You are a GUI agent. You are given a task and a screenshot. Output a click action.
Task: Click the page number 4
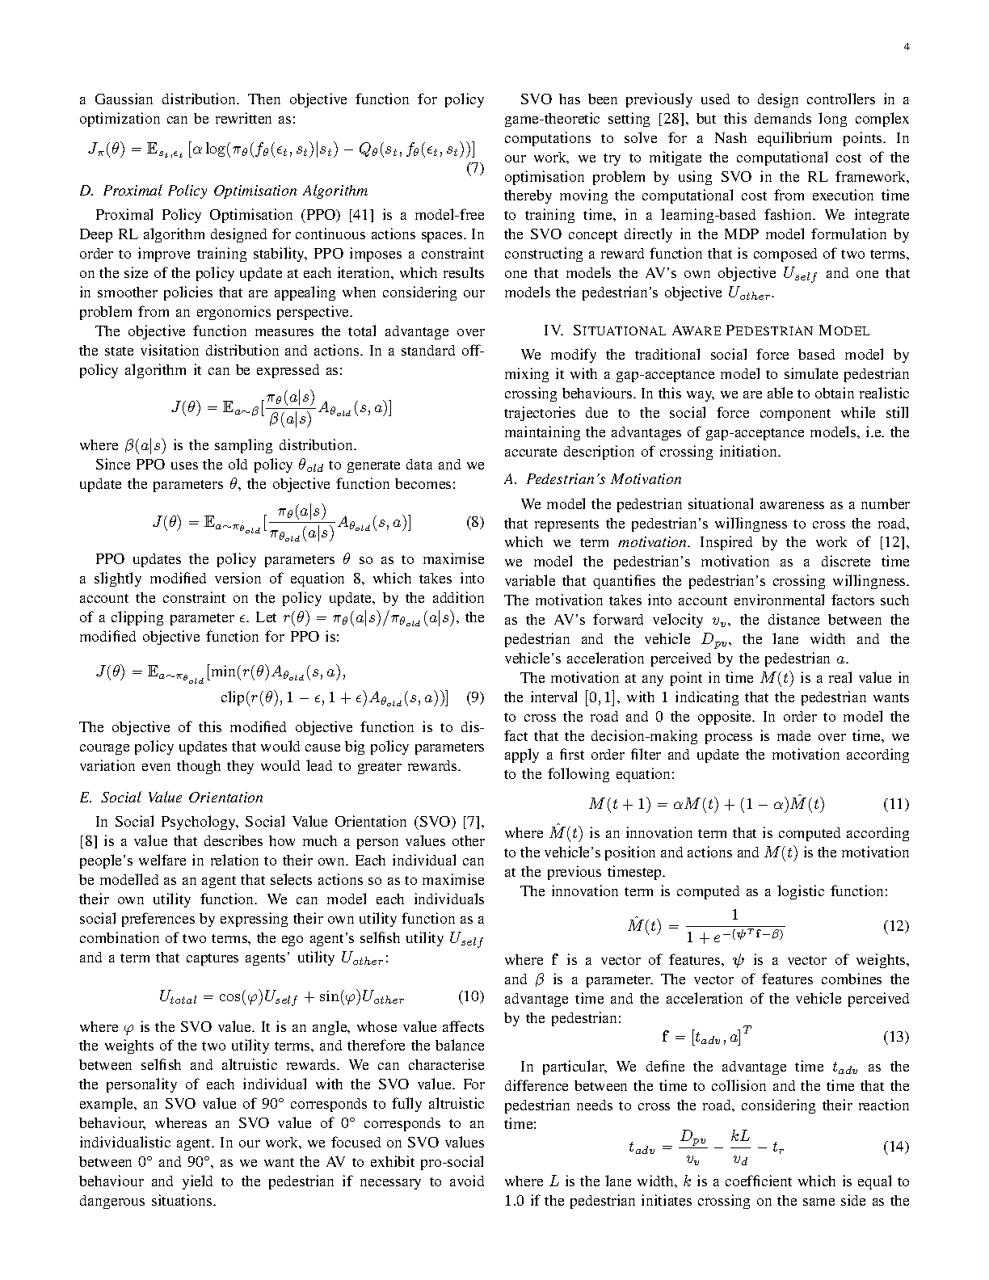[907, 47]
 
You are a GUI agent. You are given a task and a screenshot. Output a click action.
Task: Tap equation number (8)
[475, 522]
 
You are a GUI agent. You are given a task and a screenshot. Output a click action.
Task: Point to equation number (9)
[475, 697]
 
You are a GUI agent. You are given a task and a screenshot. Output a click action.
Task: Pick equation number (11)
[895, 804]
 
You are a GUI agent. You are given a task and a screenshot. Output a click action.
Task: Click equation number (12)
[895, 926]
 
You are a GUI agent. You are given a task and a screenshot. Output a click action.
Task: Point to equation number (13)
[895, 1036]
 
